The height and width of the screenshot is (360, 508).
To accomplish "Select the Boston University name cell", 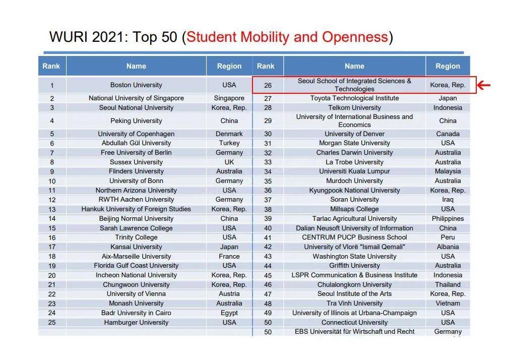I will [136, 85].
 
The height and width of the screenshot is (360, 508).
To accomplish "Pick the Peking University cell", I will [136, 121].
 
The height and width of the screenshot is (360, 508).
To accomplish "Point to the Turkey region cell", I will [229, 143].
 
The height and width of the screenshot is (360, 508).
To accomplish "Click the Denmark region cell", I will [229, 134].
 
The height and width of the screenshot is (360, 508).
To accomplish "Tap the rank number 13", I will [52, 209].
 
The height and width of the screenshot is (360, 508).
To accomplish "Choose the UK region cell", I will [229, 162].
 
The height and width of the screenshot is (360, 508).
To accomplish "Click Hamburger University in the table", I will [136, 322].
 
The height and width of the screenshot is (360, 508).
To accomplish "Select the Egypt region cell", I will [229, 313].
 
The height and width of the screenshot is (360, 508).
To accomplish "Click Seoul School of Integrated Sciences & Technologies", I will [354, 85].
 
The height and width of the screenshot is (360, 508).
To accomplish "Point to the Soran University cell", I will [354, 200].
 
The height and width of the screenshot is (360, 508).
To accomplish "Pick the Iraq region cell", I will [448, 200].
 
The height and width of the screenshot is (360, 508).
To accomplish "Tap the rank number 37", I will [268, 200].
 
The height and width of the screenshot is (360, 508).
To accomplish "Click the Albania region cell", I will [448, 247].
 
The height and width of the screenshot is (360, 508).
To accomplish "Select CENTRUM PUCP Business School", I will [354, 237].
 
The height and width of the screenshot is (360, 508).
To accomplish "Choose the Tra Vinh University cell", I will [354, 304].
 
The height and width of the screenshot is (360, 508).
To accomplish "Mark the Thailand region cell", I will [448, 284].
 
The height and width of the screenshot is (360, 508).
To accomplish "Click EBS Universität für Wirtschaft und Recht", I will [354, 332].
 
